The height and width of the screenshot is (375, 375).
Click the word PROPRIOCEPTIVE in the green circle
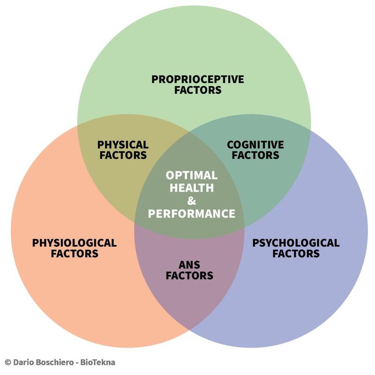[197, 79]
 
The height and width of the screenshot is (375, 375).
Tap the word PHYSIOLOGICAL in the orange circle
[74, 243]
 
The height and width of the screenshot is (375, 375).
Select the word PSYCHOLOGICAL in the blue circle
[296, 243]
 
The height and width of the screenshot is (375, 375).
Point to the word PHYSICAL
[122, 144]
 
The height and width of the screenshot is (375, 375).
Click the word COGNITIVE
[255, 144]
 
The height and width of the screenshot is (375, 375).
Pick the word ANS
[189, 264]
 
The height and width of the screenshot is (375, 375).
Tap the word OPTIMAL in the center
[191, 175]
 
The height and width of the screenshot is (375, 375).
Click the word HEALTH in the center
[191, 188]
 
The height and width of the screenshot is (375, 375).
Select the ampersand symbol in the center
[191, 201]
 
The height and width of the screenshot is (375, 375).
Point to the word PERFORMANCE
[191, 214]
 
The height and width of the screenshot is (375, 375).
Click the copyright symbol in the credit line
[7, 362]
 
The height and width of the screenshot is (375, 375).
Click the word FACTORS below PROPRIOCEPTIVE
[197, 90]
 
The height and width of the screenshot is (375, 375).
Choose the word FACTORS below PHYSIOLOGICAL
[74, 254]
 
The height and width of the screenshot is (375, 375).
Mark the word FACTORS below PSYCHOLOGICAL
[296, 254]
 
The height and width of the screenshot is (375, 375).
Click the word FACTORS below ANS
[189, 276]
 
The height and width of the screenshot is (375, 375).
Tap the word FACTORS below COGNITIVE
[255, 155]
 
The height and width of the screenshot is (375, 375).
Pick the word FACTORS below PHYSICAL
[122, 155]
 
